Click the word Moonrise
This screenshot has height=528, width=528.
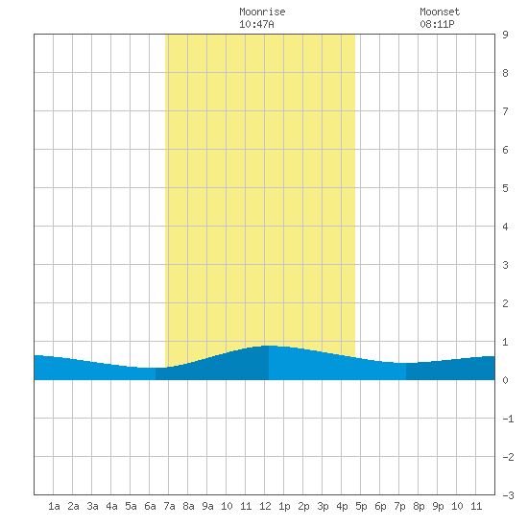point(262,12)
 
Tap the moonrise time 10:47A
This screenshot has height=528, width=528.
point(256,24)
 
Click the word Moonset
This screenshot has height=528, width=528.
point(440,12)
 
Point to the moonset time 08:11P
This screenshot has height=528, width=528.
point(437,24)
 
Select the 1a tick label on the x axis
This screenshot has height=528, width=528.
point(54,506)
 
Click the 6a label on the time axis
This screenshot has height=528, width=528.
point(150,506)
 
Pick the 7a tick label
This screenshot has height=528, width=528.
point(169,506)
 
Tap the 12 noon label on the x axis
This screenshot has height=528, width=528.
point(265,506)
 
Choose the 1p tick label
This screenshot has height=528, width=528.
point(284,507)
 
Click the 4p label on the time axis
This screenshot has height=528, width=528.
point(342,507)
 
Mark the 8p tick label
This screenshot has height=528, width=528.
point(419,507)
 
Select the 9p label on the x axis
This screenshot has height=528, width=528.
point(438,507)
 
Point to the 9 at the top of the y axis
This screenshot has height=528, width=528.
point(505,35)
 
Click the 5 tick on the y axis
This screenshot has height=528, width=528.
point(505,188)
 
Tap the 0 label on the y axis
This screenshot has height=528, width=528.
point(505,380)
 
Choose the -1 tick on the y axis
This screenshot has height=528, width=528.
point(508,419)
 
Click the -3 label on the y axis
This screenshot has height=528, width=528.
point(508,495)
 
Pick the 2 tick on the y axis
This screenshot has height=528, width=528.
point(505,303)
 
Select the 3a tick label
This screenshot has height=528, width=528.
point(92,506)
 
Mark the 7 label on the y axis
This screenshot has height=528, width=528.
point(505,111)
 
